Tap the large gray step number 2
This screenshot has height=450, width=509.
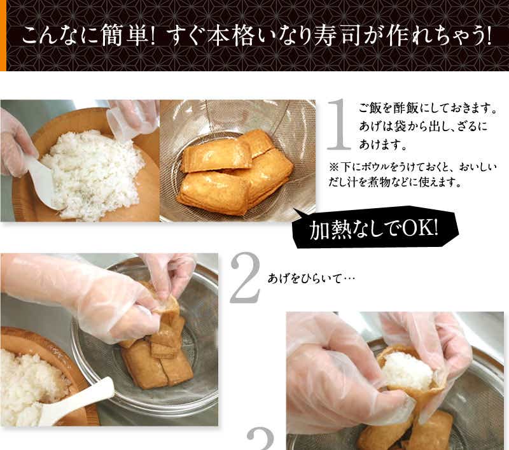click(x=246, y=278)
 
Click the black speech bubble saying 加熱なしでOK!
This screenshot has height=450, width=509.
click(x=375, y=229)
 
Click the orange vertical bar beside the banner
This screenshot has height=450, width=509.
click(x=3, y=36)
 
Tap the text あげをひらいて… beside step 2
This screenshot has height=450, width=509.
click(x=311, y=279)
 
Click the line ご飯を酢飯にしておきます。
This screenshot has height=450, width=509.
click(x=428, y=108)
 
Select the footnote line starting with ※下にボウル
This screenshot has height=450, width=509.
click(x=413, y=167)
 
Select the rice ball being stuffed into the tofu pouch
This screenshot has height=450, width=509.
click(x=407, y=370)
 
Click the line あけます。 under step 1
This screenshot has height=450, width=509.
click(x=383, y=144)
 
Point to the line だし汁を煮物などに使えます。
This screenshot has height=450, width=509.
click(x=394, y=182)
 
